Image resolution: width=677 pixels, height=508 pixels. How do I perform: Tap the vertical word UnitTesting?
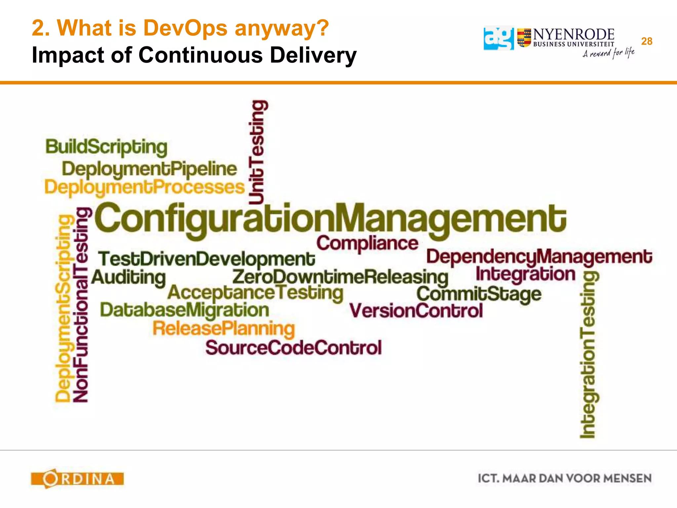257,152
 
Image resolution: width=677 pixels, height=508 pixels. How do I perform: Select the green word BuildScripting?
106,147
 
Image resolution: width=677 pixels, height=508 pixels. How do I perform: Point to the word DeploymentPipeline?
149,169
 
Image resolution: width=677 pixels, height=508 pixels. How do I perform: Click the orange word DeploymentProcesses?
144,188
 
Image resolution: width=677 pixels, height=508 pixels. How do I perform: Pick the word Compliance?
367,244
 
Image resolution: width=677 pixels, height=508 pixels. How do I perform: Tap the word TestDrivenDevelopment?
207,259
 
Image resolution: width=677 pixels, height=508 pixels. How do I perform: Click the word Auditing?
129,277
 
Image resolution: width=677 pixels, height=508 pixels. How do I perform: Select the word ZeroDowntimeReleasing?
340,277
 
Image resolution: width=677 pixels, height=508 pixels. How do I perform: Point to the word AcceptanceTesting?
255,293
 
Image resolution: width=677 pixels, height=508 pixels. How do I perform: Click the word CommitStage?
479,294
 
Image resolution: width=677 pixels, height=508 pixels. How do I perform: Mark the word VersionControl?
416,311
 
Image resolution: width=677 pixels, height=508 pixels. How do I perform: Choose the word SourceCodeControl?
293,348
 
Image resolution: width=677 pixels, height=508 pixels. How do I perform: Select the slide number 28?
647,41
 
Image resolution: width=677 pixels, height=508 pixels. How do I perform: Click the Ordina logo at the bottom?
77,479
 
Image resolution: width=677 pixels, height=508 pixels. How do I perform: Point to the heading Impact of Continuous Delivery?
194,55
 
